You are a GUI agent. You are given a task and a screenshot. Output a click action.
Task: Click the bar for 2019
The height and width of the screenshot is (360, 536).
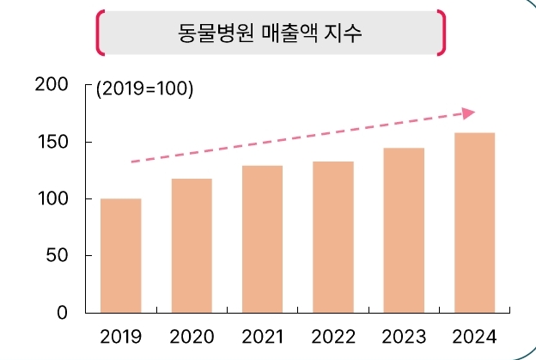pos(121,255)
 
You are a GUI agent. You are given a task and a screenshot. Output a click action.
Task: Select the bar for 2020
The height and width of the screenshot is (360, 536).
pos(192,246)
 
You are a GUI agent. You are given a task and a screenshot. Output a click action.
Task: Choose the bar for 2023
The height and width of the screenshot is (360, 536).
pos(404,230)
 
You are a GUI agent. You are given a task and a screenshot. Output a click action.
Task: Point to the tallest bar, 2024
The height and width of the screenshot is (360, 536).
pos(474,223)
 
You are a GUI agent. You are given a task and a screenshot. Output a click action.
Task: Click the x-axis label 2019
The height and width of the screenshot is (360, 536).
pos(121,335)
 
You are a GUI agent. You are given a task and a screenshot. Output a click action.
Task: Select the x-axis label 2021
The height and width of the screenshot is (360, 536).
pos(262,335)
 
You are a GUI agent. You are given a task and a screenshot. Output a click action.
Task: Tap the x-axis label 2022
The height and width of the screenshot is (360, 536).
pos(333,335)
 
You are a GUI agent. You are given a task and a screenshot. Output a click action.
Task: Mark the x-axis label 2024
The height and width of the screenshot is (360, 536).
pos(474,335)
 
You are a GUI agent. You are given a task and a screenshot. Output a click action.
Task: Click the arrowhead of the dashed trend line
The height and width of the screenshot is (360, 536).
pos(469,113)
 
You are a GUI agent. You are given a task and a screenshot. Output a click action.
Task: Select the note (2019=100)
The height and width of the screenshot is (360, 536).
pos(144,89)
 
